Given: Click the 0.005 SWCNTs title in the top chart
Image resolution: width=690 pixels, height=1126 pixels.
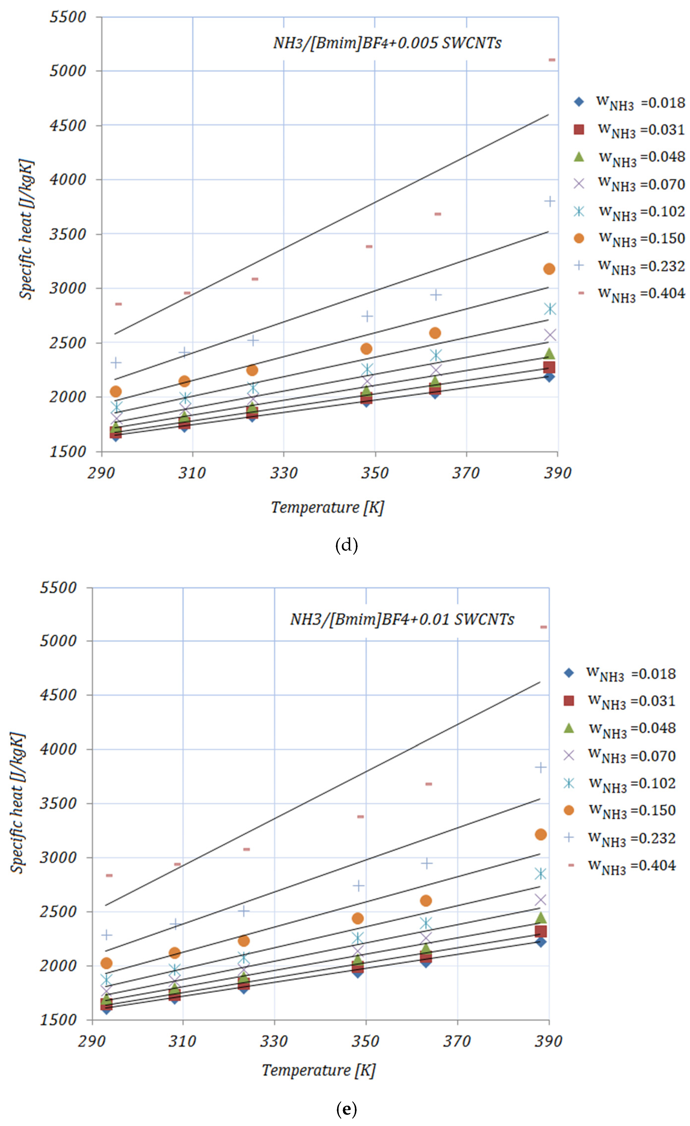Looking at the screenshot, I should coord(387,43).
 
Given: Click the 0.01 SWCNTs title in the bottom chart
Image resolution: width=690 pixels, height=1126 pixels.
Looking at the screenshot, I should coord(402,619).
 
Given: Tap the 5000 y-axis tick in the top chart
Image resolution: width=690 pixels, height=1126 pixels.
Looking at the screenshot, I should coord(68,71).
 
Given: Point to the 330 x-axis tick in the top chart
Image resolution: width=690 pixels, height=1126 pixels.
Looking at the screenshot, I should coord(284,473).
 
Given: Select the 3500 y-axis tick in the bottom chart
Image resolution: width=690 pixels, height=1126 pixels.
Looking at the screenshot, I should coord(58,803).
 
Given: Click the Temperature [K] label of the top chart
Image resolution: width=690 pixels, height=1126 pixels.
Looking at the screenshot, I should coord(327,507).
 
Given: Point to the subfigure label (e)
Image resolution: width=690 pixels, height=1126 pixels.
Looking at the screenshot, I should coord(346,1109).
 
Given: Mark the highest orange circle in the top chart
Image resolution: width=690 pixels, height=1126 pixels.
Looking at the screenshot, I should coord(549,269).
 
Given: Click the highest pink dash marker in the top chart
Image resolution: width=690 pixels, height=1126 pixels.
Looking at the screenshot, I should coord(552,60).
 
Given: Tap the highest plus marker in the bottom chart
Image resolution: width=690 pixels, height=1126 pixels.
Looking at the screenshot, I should coord(540,767).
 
